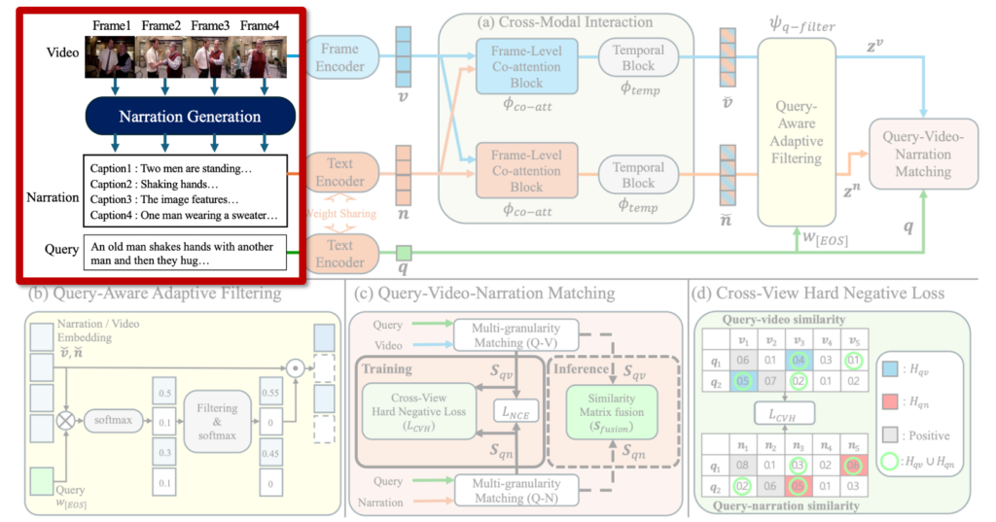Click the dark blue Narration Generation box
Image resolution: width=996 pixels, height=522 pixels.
point(190,117)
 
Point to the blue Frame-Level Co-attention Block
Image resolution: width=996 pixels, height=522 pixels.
point(527,65)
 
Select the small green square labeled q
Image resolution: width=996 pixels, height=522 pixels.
point(404,255)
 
